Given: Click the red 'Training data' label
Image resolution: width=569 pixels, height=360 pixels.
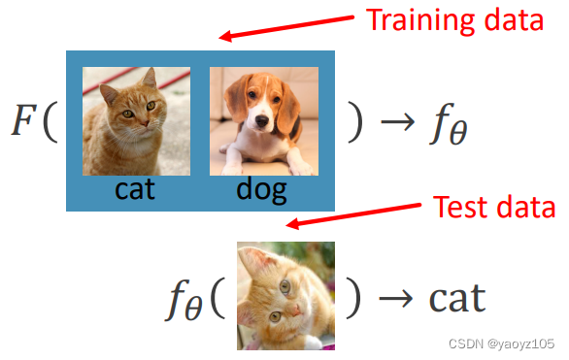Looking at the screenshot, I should (453, 20).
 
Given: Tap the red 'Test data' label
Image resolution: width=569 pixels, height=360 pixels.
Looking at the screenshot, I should (493, 207).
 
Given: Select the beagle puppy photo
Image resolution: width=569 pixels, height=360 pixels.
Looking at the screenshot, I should (263, 120).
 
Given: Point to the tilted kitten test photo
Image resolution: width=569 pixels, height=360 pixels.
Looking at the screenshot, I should (285, 296).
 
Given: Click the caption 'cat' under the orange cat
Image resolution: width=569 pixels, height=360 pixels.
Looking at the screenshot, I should (135, 188).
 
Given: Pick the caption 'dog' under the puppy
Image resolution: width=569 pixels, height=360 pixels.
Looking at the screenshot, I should (261, 188).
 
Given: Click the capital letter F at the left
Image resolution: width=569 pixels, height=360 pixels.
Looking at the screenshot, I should (26, 121).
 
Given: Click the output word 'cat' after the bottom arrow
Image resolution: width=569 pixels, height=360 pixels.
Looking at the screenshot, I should (444, 298).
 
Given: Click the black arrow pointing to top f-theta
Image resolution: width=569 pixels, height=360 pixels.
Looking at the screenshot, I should (397, 123).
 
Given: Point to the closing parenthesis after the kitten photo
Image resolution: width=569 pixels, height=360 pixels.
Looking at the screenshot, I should (354, 298).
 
